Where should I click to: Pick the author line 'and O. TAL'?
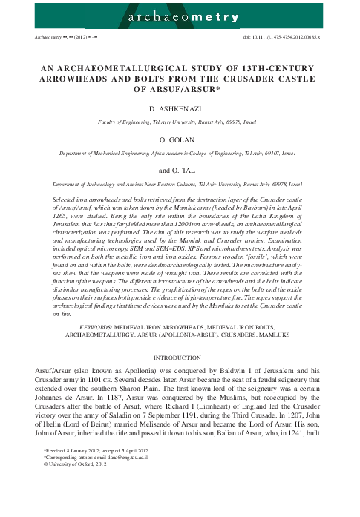[x=180, y=168]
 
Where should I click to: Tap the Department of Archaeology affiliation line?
[x=180, y=182]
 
